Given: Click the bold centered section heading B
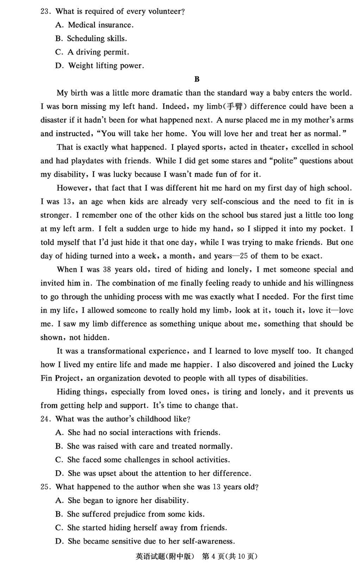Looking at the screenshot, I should pyautogui.click(x=196, y=80).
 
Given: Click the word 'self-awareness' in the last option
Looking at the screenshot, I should pyautogui.click(x=210, y=541).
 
